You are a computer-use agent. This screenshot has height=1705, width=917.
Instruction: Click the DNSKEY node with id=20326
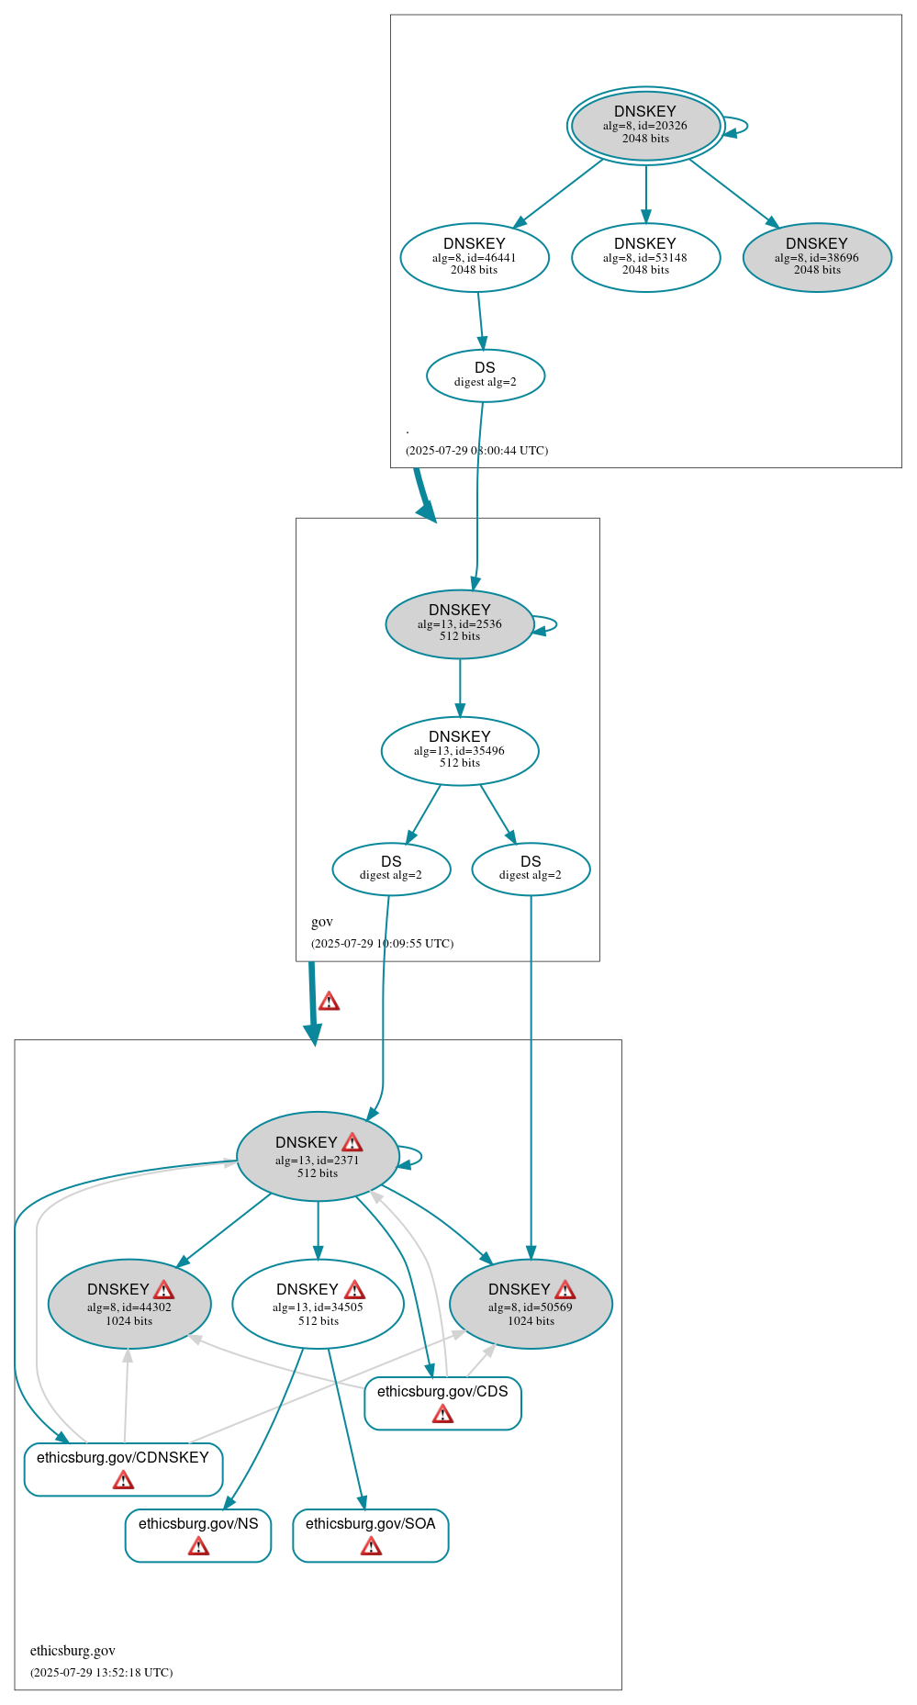coord(645,126)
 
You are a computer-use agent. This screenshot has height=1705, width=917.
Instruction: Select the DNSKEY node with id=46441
coord(475,257)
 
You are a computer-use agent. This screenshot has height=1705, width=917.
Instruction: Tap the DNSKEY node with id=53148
coord(645,257)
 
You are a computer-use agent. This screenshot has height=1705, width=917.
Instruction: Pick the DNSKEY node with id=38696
coord(817,257)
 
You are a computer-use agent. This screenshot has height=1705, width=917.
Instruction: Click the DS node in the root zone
coord(486,375)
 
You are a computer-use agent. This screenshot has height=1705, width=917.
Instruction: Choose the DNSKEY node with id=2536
coord(460,623)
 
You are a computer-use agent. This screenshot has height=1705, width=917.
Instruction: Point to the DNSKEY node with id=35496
coord(460,750)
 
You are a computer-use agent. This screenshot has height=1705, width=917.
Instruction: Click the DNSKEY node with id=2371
coord(318,1156)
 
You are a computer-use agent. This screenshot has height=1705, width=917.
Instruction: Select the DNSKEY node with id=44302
coord(129,1303)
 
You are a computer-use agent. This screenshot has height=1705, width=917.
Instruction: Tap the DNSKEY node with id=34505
coord(318,1303)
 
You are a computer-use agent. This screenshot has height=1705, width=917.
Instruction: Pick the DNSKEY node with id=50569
coord(531,1303)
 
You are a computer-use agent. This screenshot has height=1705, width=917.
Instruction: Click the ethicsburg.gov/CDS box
coord(442,1402)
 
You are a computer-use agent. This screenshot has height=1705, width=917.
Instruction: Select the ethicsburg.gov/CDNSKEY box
coord(123,1468)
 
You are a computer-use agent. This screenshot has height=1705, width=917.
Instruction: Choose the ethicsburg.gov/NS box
coord(198,1534)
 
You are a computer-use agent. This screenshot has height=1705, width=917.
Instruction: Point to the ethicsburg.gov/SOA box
coord(371,1534)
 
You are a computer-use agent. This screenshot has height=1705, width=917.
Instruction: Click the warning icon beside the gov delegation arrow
coord(329,1001)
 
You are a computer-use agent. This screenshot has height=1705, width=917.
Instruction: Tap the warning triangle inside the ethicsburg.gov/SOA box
coord(371,1546)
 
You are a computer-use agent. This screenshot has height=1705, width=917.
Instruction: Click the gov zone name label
coord(322,922)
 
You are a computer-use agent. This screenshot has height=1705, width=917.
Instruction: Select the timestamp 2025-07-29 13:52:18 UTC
coord(101,1672)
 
